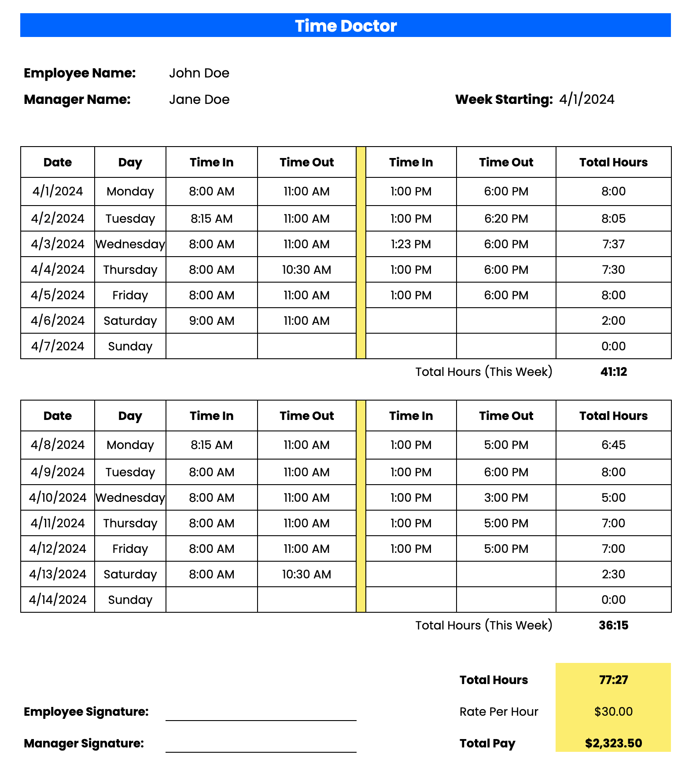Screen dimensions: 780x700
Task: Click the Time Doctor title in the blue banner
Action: [346, 26]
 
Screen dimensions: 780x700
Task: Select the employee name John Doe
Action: [199, 73]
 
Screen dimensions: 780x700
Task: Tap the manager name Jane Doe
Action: [199, 99]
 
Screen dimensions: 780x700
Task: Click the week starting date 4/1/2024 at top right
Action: [586, 99]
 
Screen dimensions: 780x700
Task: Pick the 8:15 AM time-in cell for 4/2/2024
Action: [211, 219]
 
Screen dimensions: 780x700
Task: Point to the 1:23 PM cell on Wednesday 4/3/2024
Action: [411, 244]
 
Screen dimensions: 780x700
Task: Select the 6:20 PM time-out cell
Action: [506, 219]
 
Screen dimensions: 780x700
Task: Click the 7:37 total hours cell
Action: [613, 244]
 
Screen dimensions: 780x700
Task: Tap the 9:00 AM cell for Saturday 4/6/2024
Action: [211, 321]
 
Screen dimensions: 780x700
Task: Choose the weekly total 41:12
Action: [613, 372]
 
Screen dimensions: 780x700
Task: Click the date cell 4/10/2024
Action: [58, 498]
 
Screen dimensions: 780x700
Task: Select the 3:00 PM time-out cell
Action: [506, 498]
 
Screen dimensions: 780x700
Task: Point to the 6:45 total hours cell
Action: [613, 445]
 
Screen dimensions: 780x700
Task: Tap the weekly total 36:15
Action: [613, 625]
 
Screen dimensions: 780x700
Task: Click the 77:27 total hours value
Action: [613, 680]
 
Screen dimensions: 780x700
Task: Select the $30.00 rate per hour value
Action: [613, 712]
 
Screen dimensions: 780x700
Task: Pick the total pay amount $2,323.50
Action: [613, 743]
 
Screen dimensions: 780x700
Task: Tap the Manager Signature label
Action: [84, 743]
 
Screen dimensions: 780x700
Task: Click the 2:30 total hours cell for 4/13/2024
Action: [613, 574]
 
